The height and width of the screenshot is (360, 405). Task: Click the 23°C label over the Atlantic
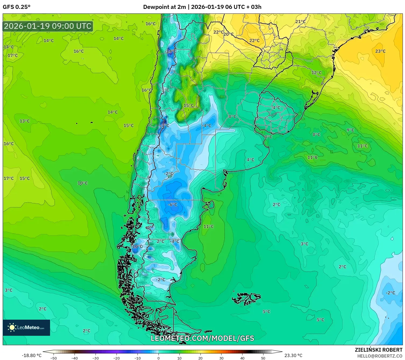pyautogui.click(x=380, y=51)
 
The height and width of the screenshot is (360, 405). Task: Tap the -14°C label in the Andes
pyautogui.click(x=171, y=51)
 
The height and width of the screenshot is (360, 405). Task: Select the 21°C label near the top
pyautogui.click(x=300, y=22)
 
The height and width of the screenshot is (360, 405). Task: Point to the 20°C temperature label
pyautogui.click(x=228, y=34)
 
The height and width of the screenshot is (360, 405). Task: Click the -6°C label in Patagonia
pyautogui.click(x=172, y=204)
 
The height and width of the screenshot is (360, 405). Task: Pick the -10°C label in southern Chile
pyautogui.click(x=137, y=246)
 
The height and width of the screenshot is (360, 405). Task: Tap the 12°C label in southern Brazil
pyautogui.click(x=316, y=73)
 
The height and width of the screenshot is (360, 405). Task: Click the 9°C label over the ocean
pyautogui.click(x=350, y=130)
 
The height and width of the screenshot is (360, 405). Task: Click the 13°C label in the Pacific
pyautogui.click(x=24, y=121)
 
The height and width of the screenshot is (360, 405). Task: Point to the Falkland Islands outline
pyautogui.click(x=246, y=298)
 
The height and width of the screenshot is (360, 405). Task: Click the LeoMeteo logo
pyautogui.click(x=26, y=327)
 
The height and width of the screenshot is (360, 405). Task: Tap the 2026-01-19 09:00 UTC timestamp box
pyautogui.click(x=48, y=26)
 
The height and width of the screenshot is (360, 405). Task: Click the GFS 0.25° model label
pyautogui.click(x=17, y=7)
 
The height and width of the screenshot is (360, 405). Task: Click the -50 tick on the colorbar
pyautogui.click(x=54, y=358)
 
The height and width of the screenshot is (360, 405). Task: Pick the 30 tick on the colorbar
pyautogui.click(x=221, y=358)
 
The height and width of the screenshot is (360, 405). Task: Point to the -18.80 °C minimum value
pyautogui.click(x=32, y=355)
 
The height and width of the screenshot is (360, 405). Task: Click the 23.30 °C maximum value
pyautogui.click(x=293, y=355)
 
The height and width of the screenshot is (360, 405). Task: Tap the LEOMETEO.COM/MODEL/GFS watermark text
pyautogui.click(x=202, y=338)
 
